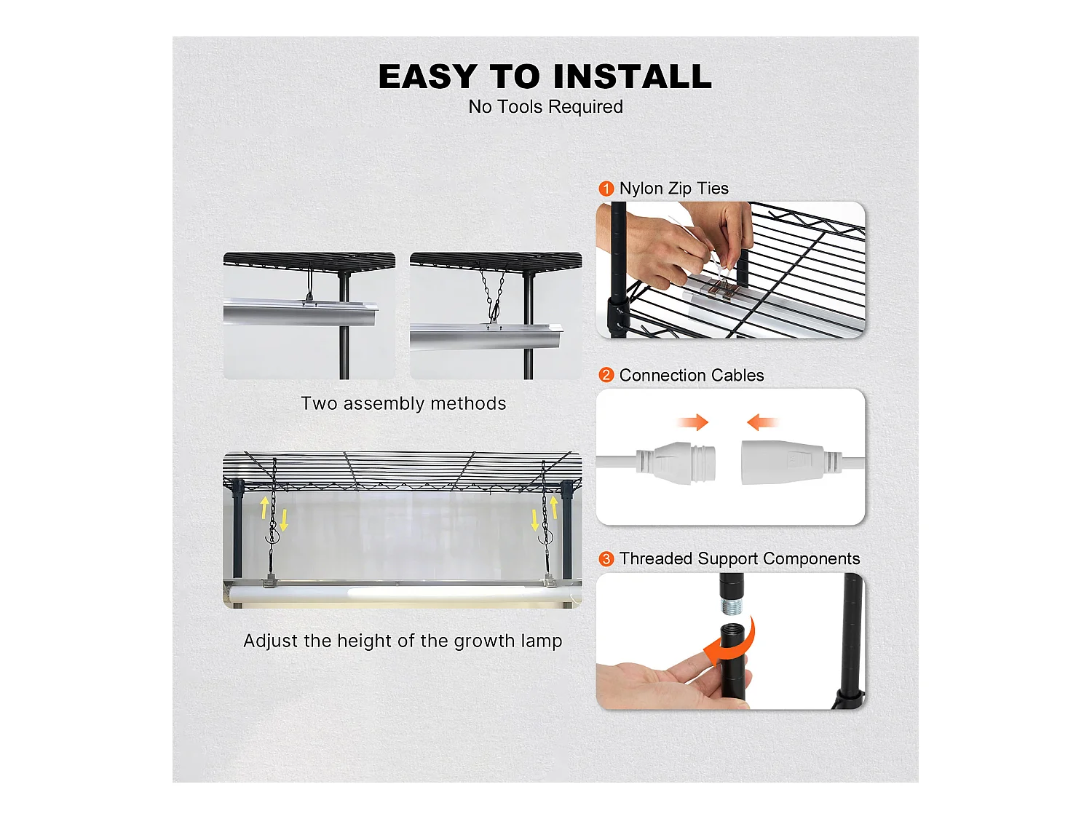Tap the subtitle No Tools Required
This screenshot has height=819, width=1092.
coord(545,107)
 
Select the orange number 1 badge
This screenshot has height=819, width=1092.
coord(606,189)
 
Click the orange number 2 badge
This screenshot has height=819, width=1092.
coord(606,375)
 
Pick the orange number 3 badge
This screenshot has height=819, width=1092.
coord(606,559)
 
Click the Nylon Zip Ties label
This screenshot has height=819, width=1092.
coord(673,189)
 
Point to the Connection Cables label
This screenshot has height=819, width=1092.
coord(691,375)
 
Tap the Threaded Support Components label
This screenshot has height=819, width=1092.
coord(739,559)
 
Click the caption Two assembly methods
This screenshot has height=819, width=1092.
coord(403,403)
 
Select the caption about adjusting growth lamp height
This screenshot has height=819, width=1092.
coord(403,641)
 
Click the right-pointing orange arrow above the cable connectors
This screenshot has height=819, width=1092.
coord(693,422)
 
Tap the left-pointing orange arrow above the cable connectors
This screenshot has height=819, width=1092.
coord(762,422)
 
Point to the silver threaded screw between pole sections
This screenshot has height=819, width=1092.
coord(731,607)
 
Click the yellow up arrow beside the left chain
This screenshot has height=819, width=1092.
coord(264,507)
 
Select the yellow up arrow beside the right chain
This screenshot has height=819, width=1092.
coord(554,507)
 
